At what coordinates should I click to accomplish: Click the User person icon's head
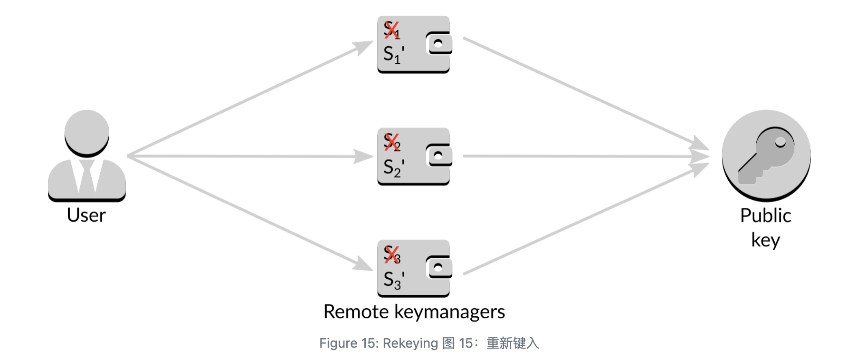tap(87, 132)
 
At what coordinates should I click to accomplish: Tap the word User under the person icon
tap(86, 215)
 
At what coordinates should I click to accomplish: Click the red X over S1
tap(391, 30)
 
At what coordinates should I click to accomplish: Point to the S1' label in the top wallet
tap(393, 54)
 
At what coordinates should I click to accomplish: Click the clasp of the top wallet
tap(438, 44)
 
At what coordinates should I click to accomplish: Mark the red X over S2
tap(391, 142)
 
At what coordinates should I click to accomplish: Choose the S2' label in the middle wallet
tap(393, 167)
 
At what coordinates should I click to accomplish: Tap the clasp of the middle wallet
tap(438, 156)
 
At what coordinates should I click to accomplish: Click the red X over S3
tap(391, 254)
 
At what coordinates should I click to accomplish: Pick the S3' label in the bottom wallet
tap(393, 280)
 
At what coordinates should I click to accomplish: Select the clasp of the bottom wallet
tap(438, 267)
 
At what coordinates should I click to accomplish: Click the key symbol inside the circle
tap(766, 155)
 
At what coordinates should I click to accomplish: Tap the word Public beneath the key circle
tap(765, 216)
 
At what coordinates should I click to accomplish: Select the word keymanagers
tap(449, 312)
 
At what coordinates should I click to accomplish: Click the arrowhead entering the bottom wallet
tap(363, 264)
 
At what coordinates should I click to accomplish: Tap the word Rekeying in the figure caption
tap(410, 343)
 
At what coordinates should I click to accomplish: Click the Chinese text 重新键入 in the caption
tap(513, 343)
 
